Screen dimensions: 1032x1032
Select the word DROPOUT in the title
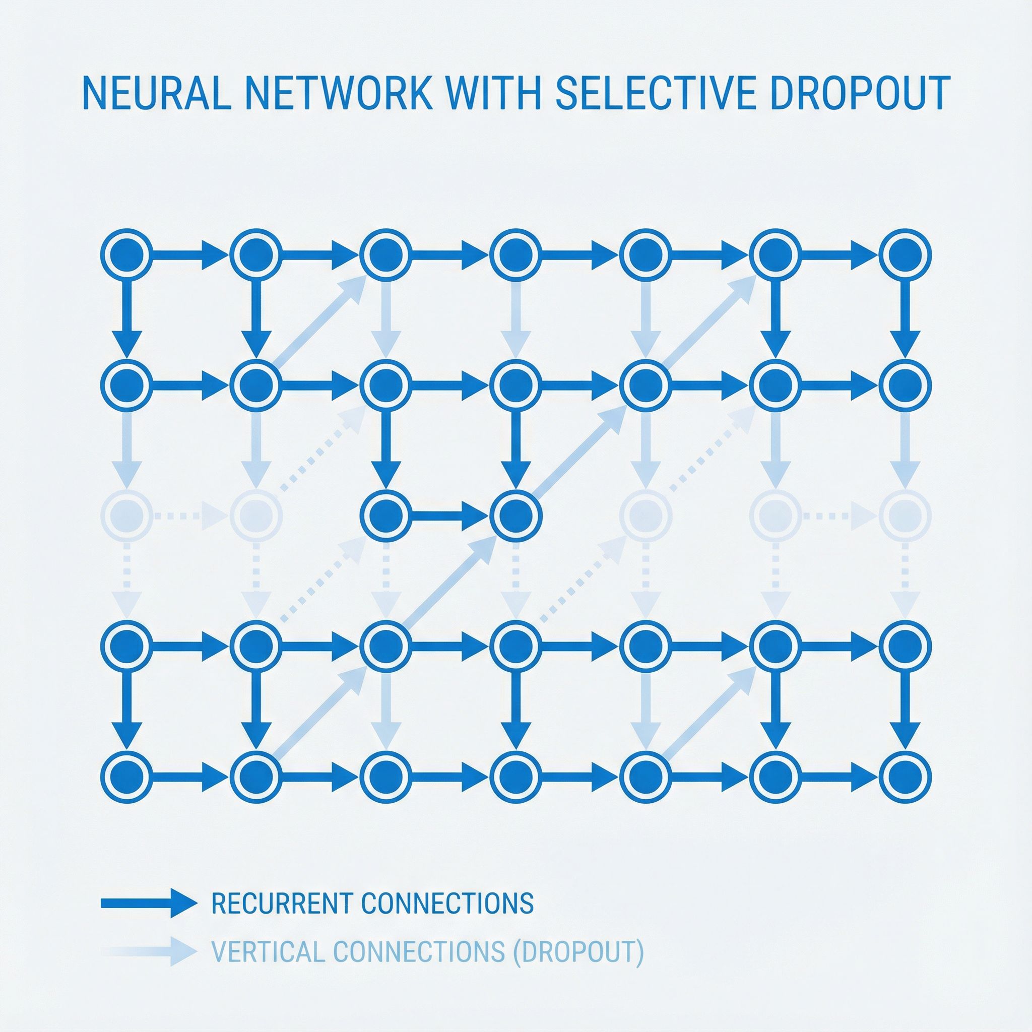click(x=860, y=94)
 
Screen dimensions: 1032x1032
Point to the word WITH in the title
click(x=495, y=94)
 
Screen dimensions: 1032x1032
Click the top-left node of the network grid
click(x=126, y=254)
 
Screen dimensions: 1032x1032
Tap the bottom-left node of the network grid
click(x=126, y=777)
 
